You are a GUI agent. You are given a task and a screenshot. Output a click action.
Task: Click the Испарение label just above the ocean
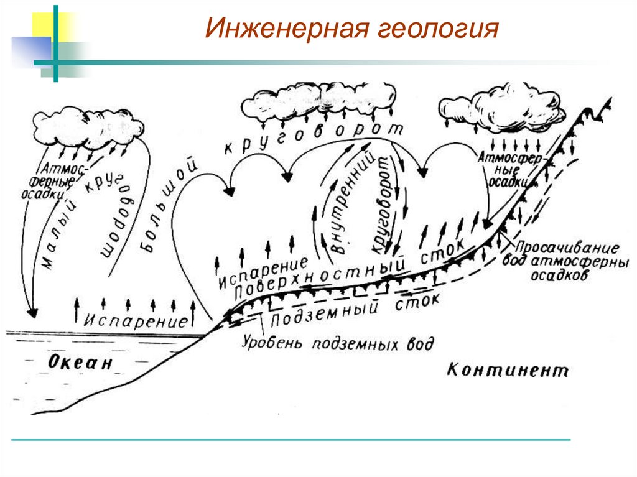tap(137, 322)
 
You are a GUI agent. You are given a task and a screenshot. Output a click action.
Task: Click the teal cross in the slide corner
tap(55, 62)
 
